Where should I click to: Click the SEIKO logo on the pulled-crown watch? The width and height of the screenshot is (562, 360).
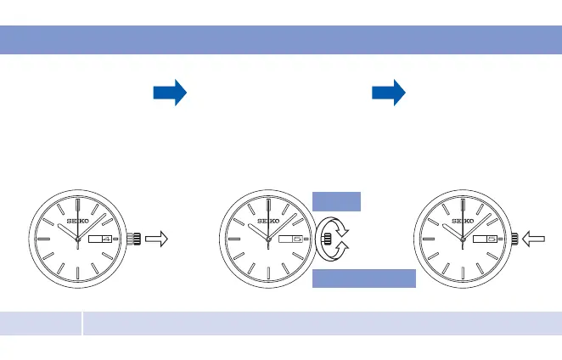tap(77, 222)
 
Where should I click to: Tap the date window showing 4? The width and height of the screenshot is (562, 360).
tap(99, 240)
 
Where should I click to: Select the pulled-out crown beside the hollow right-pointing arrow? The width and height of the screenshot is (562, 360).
tap(133, 240)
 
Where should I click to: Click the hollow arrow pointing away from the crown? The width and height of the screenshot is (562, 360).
tap(156, 240)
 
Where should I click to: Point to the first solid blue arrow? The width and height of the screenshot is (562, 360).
tap(170, 93)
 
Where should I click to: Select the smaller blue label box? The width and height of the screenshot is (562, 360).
tap(337, 201)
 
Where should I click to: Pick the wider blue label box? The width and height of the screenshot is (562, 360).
tap(364, 279)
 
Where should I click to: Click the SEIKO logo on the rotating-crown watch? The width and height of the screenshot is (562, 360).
tap(268, 222)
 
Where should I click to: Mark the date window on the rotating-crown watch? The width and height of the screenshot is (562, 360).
tap(290, 240)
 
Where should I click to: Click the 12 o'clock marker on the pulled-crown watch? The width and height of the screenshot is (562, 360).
tap(77, 205)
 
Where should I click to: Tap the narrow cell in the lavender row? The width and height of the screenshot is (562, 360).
tap(41, 322)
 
